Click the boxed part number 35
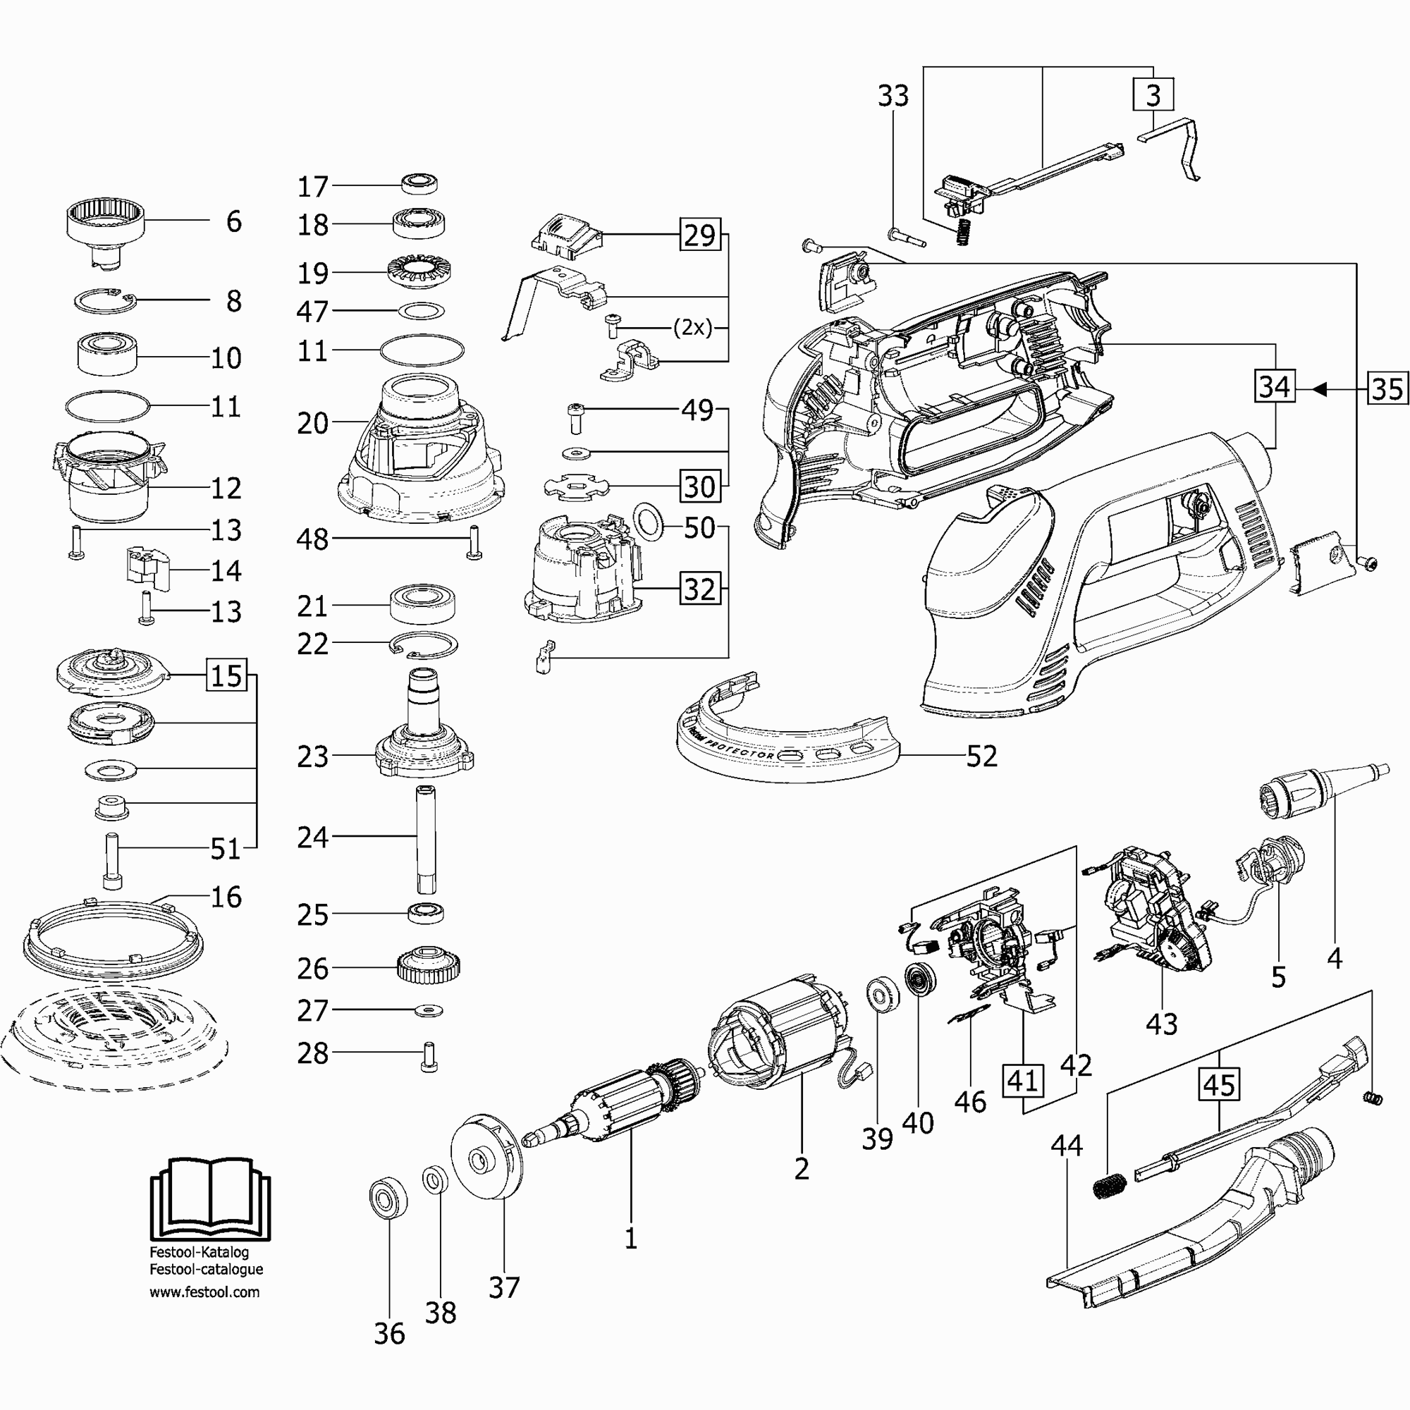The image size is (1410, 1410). pos(1386,389)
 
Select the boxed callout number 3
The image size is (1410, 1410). pos(1153,94)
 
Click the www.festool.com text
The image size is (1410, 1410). pos(204,1292)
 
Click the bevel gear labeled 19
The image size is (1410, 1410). pos(418,273)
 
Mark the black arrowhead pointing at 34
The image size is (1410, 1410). pos(1318,389)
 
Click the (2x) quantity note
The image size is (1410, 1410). pos(692,328)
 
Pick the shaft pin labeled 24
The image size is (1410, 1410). pos(426,838)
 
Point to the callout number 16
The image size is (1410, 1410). pos(226,897)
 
